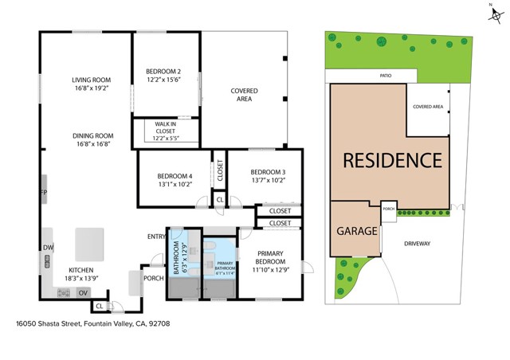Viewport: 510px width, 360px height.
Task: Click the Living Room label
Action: click(92, 80)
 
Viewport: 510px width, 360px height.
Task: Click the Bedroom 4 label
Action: click(175, 176)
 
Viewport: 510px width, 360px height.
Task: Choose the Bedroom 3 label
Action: click(268, 172)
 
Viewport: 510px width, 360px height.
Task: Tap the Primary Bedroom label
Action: click(270, 256)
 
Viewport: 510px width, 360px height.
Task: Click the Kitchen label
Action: click(84, 271)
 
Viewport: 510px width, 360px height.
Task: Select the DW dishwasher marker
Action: click(48, 248)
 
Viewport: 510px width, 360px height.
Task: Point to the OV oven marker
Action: click(82, 293)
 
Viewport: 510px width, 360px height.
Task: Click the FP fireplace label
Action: click(45, 192)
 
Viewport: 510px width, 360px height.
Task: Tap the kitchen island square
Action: click(89, 243)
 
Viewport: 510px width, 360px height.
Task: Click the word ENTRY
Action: click(156, 237)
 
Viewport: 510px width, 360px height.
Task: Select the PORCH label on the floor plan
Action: click(153, 279)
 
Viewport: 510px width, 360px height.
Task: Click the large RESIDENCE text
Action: click(391, 159)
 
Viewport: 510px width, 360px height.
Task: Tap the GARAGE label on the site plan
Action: click(355, 231)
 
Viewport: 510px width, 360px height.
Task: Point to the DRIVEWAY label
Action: click(417, 244)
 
